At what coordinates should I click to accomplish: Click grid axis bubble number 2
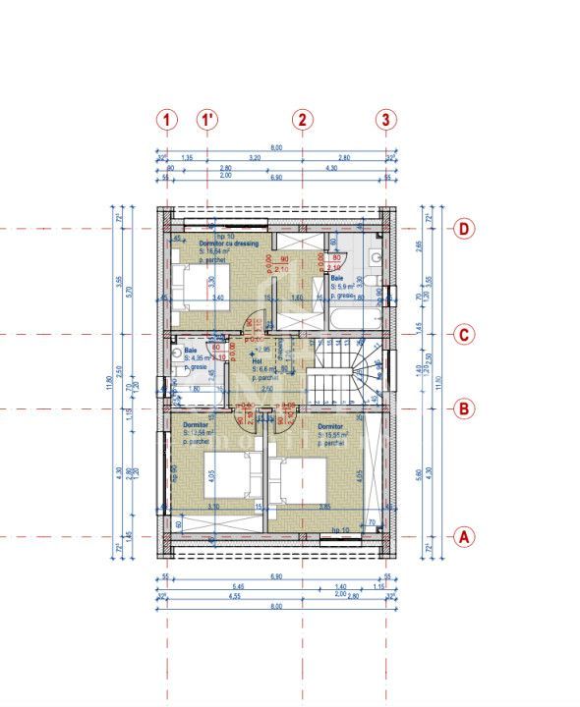[x=302, y=121]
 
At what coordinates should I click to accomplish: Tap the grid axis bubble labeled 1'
[x=207, y=121]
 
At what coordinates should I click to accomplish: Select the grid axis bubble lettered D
[x=463, y=230]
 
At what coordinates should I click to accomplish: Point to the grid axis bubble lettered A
[x=463, y=536]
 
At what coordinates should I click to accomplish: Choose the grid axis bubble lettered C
[x=463, y=335]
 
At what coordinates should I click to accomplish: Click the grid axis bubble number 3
[x=387, y=121]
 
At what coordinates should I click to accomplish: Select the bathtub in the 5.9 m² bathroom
[x=353, y=319]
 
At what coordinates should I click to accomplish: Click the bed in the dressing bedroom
[x=196, y=286]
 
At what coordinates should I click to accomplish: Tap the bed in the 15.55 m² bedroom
[x=299, y=478]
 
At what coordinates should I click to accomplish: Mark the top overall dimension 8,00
[x=276, y=147]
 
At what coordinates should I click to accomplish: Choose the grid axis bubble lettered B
[x=463, y=408]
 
